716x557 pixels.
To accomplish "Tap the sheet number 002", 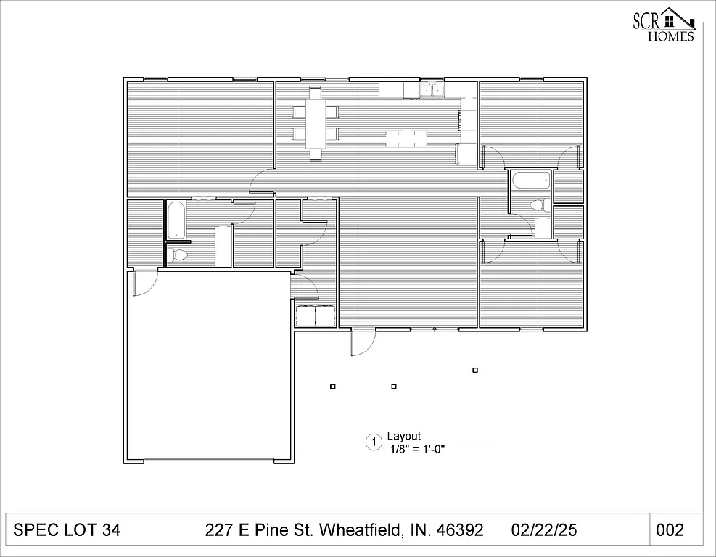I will [669, 530].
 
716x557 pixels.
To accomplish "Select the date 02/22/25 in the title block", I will [543, 530].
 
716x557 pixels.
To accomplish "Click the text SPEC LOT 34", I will [67, 530].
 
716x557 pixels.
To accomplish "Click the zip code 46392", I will [459, 530].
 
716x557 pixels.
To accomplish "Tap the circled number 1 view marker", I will [374, 442].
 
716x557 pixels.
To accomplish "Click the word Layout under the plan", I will [403, 436].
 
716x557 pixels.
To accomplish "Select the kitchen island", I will [407, 138].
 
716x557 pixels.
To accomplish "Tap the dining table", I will [316, 123].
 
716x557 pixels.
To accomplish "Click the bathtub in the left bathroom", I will [176, 220].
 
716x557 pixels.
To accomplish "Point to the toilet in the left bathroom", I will [178, 255].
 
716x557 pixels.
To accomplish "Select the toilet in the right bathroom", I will [538, 205].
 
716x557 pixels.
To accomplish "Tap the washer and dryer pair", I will [314, 316].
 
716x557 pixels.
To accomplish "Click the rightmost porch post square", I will [475, 370].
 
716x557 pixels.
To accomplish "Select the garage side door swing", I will [142, 283].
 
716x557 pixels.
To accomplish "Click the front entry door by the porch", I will [362, 342].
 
